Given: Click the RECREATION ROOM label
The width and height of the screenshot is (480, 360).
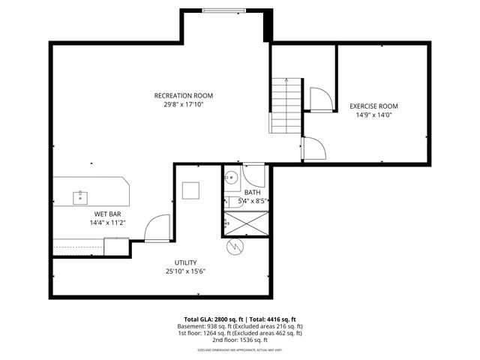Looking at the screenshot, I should pos(184,95).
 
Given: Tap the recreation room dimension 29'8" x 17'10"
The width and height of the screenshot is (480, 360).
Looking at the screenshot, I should pos(184,104).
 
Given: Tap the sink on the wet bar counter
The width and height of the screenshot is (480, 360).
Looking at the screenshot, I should pos(80,197).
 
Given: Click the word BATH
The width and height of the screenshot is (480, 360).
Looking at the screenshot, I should pos(252,193).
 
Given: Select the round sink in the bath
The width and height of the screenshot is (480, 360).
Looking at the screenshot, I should pos(232,178).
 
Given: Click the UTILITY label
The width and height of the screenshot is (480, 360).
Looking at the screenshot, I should pos(185,262).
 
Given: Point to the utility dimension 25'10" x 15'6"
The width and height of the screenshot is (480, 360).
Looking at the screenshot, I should pos(185,271).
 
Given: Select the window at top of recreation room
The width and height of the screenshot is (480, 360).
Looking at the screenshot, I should pos(223,10).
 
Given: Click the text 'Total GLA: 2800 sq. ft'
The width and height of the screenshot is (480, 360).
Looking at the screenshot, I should pos(214,319).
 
